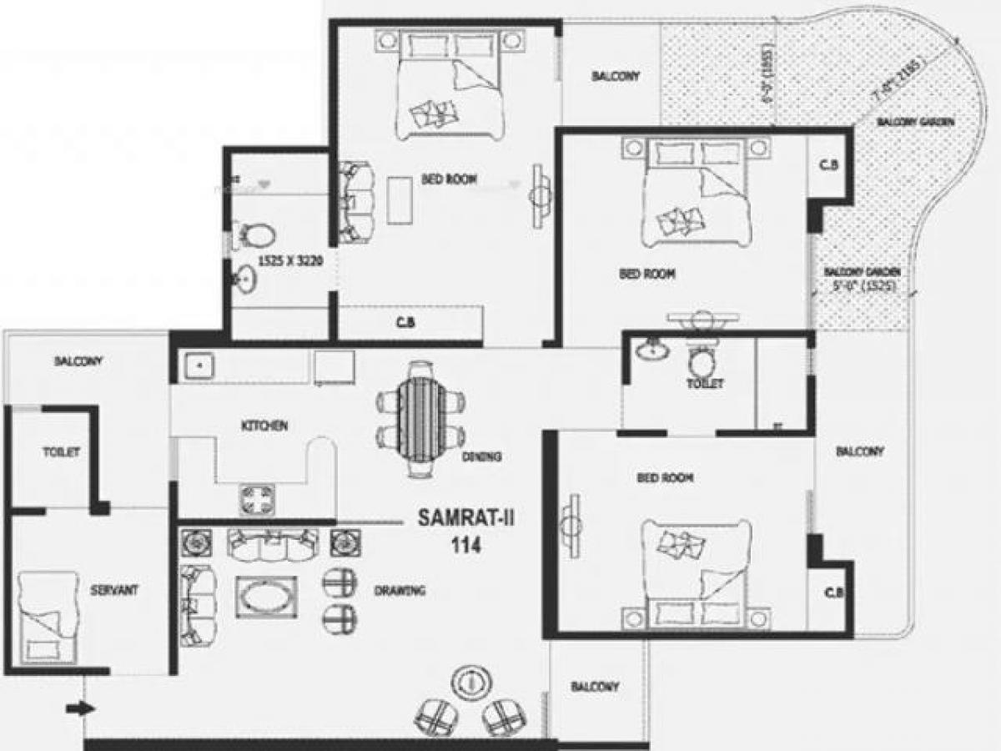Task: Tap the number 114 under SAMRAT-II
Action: (x=465, y=544)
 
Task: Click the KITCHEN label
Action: (x=264, y=426)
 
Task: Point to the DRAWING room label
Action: (x=400, y=591)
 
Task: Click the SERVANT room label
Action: (x=114, y=589)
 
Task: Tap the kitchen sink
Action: (x=199, y=365)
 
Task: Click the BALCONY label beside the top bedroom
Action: (x=616, y=76)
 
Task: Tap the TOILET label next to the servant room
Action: (x=62, y=452)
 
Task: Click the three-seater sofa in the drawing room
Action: (x=272, y=546)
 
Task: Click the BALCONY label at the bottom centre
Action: (x=595, y=687)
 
